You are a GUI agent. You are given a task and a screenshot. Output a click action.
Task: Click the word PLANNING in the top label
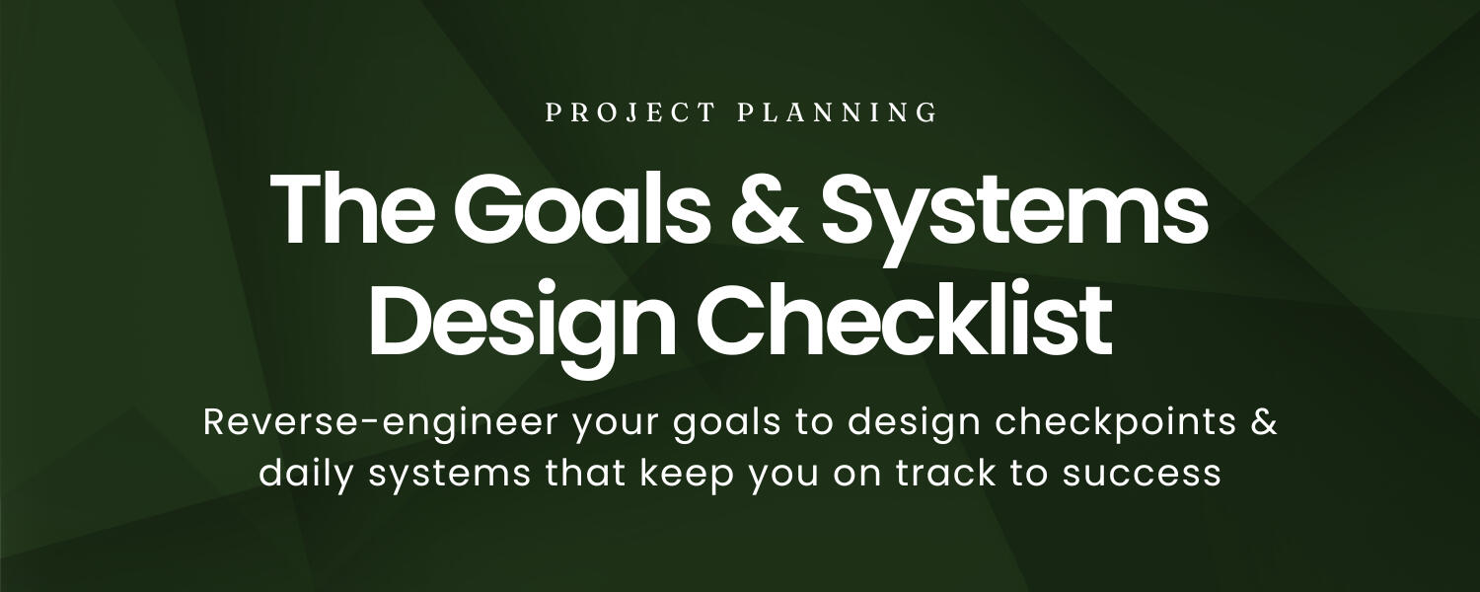[x=838, y=112]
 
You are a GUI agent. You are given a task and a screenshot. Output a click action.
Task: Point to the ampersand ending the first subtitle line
[x=1266, y=422]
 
